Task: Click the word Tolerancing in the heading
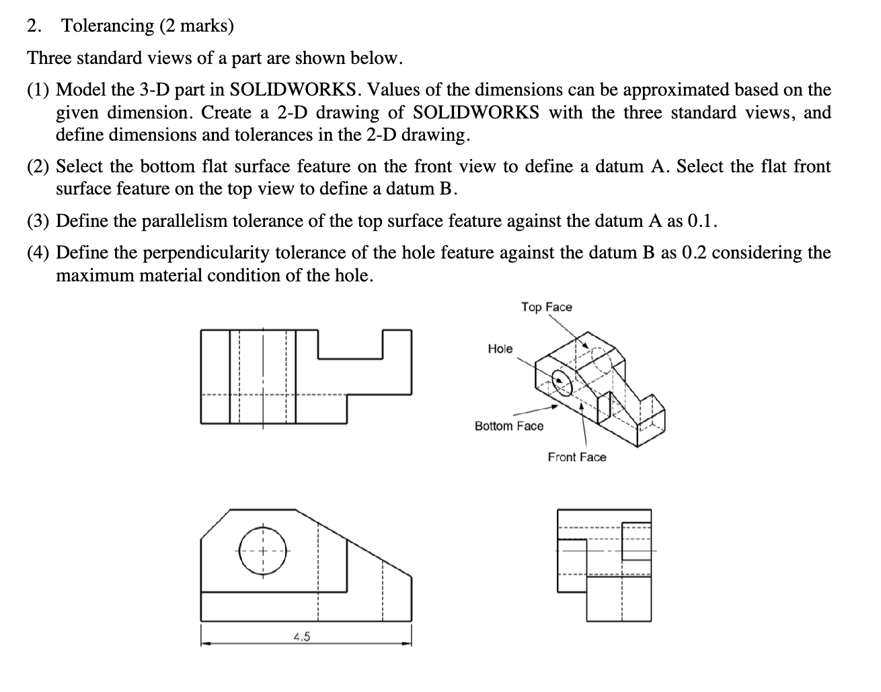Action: tap(108, 26)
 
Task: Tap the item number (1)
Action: tap(39, 90)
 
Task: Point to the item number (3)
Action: tap(39, 221)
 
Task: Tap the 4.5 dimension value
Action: tap(301, 637)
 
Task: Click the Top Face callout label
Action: tap(546, 307)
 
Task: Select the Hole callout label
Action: tap(500, 349)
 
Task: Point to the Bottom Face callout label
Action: tap(508, 426)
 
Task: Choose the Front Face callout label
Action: tap(576, 458)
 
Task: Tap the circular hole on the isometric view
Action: tap(562, 382)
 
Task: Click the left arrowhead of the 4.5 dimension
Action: tap(205, 644)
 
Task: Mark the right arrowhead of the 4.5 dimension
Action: tap(407, 644)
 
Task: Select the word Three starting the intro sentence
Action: tap(49, 58)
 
